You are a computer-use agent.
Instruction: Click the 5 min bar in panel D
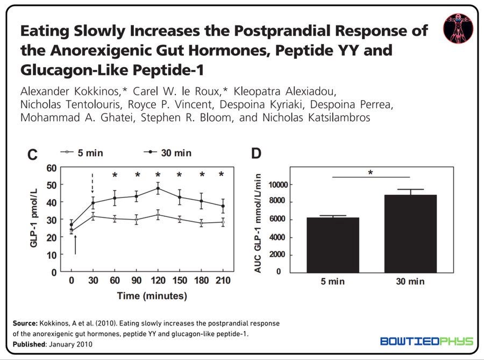coord(333,245)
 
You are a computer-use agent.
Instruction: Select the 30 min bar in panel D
coord(410,234)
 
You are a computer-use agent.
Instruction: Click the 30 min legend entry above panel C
coord(168,153)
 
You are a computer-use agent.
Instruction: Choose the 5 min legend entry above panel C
coord(82,153)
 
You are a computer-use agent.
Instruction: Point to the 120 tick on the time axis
coord(158,280)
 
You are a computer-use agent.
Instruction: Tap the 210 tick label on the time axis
coord(223,280)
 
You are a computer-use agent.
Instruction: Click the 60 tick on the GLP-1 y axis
coord(52,168)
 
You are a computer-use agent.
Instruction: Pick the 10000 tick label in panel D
coord(278,185)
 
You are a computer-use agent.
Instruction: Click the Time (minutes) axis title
coord(152,296)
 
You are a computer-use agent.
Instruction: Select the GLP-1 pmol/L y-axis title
coord(34,217)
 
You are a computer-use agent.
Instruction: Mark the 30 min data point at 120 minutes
coord(158,188)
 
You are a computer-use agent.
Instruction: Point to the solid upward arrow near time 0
coord(75,244)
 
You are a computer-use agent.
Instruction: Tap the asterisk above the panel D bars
coord(371,173)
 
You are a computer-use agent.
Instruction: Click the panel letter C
coord(32,154)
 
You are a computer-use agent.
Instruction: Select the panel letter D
coord(256,153)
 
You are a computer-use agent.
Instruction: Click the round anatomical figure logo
coord(458,29)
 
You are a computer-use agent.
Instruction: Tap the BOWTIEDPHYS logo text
coord(426,341)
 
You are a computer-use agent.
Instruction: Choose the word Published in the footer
coord(29,344)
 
